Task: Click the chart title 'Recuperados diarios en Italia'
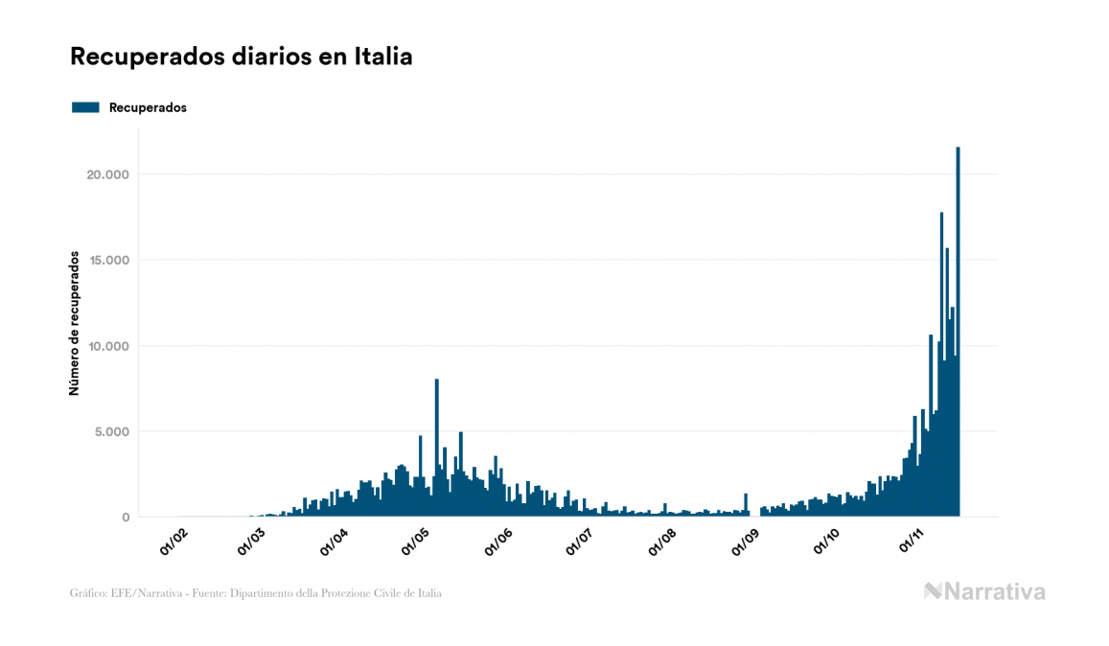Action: point(242,57)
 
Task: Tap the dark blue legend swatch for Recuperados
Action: point(85,107)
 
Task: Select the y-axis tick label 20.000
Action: point(107,174)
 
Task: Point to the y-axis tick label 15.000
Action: point(107,260)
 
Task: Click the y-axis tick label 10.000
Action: point(107,346)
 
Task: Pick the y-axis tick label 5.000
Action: point(111,431)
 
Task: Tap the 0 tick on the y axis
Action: point(125,518)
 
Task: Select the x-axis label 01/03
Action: point(252,542)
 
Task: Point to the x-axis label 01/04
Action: point(335,542)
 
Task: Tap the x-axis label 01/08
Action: point(661,542)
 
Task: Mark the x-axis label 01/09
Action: point(744,542)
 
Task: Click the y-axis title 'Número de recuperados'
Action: point(74,323)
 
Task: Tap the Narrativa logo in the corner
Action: point(984,591)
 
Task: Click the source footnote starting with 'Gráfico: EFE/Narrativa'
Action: point(256,593)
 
